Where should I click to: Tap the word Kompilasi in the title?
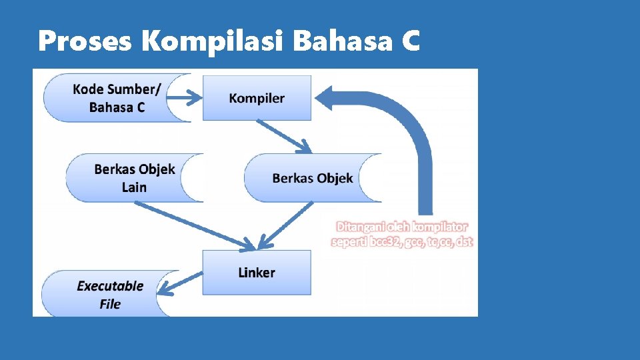pos(213,42)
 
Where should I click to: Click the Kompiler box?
pos(257,98)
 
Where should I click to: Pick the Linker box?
pos(257,272)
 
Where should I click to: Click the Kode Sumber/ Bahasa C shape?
pos(117,98)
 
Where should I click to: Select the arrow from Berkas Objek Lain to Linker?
pos(193,224)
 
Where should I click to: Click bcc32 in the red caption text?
pos(386,241)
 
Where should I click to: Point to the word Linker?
pos(257,272)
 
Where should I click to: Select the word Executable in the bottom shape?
pos(110,286)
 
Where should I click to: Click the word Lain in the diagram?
pos(134,187)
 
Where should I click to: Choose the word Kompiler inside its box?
pos(257,98)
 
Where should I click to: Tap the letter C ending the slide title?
pos(411,42)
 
